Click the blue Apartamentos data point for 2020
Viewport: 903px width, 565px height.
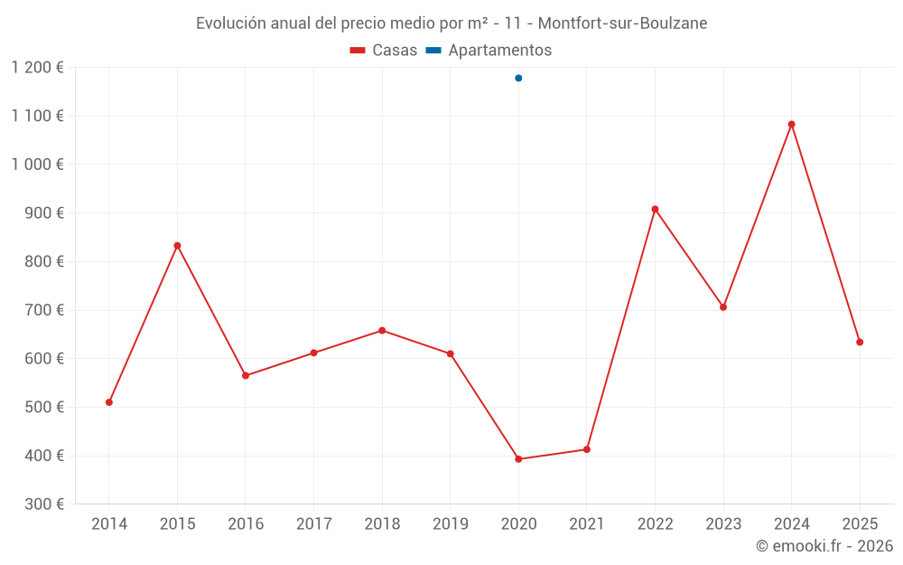(x=518, y=78)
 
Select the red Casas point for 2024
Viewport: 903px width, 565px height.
(x=791, y=125)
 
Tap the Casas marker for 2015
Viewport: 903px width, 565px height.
(x=177, y=246)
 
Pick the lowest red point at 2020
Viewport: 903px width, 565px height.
(x=518, y=459)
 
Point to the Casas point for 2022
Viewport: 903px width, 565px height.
(x=655, y=209)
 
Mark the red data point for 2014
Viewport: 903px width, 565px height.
(x=109, y=402)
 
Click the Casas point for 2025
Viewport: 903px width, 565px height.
(x=860, y=342)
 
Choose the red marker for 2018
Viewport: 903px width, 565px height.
(x=382, y=331)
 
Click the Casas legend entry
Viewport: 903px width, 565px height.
(x=384, y=51)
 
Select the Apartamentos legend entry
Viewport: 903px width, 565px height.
(x=489, y=51)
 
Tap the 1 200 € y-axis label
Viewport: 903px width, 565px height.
(x=38, y=67)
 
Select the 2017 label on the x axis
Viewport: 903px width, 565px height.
(x=313, y=524)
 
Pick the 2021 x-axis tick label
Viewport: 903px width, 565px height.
(x=587, y=524)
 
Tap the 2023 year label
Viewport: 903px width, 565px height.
(x=723, y=524)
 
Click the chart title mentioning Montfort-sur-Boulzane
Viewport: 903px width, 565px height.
(x=451, y=23)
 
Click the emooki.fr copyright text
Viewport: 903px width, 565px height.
(x=824, y=546)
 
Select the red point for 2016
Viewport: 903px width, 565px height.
(x=246, y=375)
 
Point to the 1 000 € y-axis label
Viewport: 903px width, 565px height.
(x=38, y=165)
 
